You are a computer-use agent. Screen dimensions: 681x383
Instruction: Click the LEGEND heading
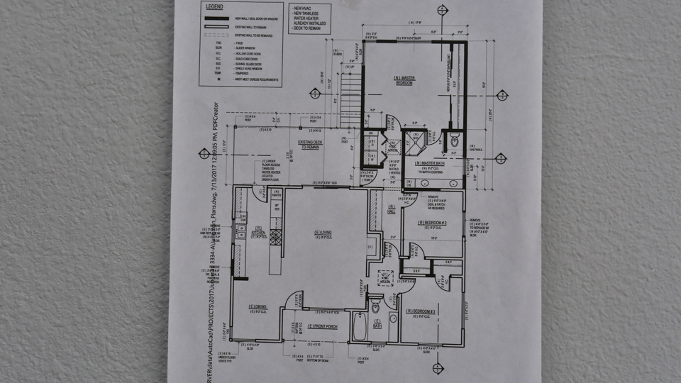pyautogui.click(x=215, y=6)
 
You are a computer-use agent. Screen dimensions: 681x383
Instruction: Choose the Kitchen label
pyautogui.click(x=258, y=231)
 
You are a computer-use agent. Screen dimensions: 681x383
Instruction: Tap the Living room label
pyautogui.click(x=324, y=233)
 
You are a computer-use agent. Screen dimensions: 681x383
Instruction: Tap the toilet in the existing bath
pyautogui.click(x=376, y=309)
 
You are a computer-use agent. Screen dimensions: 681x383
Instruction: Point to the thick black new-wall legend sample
pyautogui.click(x=215, y=17)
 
